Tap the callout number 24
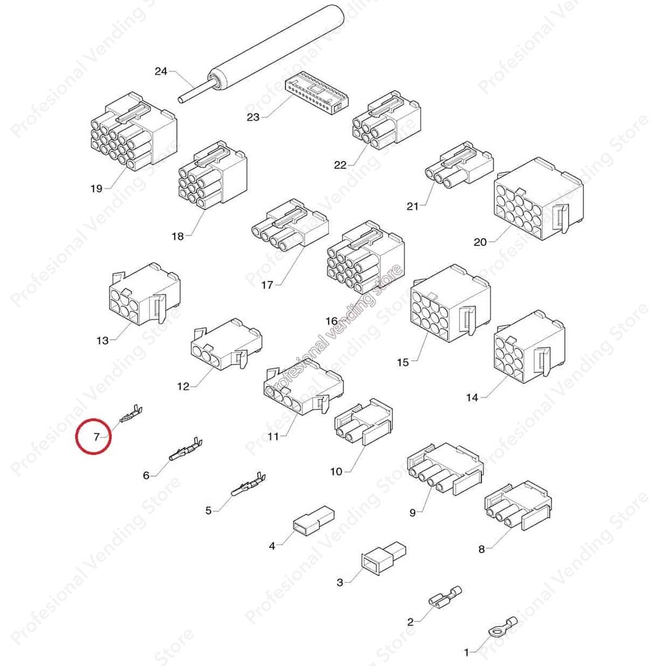point(161,72)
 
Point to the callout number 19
point(96,188)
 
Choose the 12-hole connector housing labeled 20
point(538,199)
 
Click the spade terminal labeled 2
point(445,597)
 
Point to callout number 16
point(331,321)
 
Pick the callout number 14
point(472,398)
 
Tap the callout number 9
point(413,511)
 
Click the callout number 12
point(183,386)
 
